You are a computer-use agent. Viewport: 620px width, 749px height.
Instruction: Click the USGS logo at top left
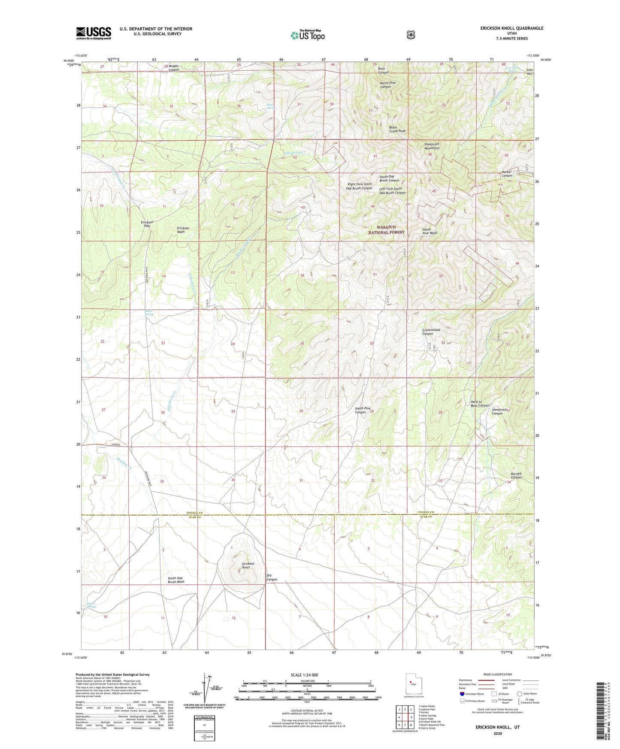coord(94,33)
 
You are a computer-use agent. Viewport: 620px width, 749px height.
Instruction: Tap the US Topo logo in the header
coord(307,36)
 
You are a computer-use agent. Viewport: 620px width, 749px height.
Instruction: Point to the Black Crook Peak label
coord(397,129)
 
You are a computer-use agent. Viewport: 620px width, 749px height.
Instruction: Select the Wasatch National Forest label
coord(386,230)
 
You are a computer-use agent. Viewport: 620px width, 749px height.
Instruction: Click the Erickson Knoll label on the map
coord(248,565)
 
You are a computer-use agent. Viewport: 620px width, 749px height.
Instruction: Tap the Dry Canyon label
coord(272,577)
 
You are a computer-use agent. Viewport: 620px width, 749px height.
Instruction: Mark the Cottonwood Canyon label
coord(431,332)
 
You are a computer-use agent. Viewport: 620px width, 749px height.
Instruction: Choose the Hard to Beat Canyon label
coord(479,404)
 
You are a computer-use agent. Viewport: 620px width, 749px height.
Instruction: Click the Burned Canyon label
coord(516,475)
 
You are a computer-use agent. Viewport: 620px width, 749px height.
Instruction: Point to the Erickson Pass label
coord(147,224)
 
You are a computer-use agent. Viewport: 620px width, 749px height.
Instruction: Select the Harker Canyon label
coord(507,174)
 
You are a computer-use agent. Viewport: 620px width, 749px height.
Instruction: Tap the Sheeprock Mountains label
coord(431,146)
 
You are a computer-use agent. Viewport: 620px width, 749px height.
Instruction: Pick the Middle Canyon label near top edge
coord(174,68)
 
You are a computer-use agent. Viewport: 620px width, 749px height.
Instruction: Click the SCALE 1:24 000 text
coord(304,675)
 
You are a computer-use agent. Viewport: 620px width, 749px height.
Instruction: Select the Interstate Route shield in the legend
coord(462,693)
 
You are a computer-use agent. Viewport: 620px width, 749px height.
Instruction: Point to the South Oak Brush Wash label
coord(176,580)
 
